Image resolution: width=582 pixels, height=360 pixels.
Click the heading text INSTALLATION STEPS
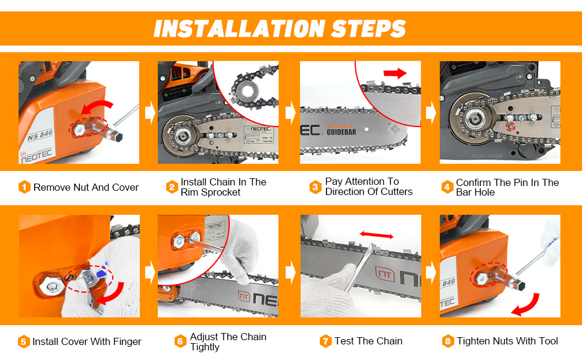pos(280,28)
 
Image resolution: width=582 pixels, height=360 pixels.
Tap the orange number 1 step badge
pos(24,187)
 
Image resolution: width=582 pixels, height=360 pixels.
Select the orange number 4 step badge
pos(447,187)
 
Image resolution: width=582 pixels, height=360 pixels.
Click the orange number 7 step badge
pos(326,341)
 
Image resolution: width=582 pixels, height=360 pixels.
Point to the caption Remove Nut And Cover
pos(86,187)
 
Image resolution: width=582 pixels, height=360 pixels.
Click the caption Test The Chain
pos(368,341)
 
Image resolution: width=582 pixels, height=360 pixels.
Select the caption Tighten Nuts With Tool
pos(507,341)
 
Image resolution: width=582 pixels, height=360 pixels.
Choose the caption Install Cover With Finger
pos(87,341)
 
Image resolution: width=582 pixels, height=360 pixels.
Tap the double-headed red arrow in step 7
pos(377,236)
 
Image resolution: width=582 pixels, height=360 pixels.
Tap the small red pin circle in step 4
pos(510,127)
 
